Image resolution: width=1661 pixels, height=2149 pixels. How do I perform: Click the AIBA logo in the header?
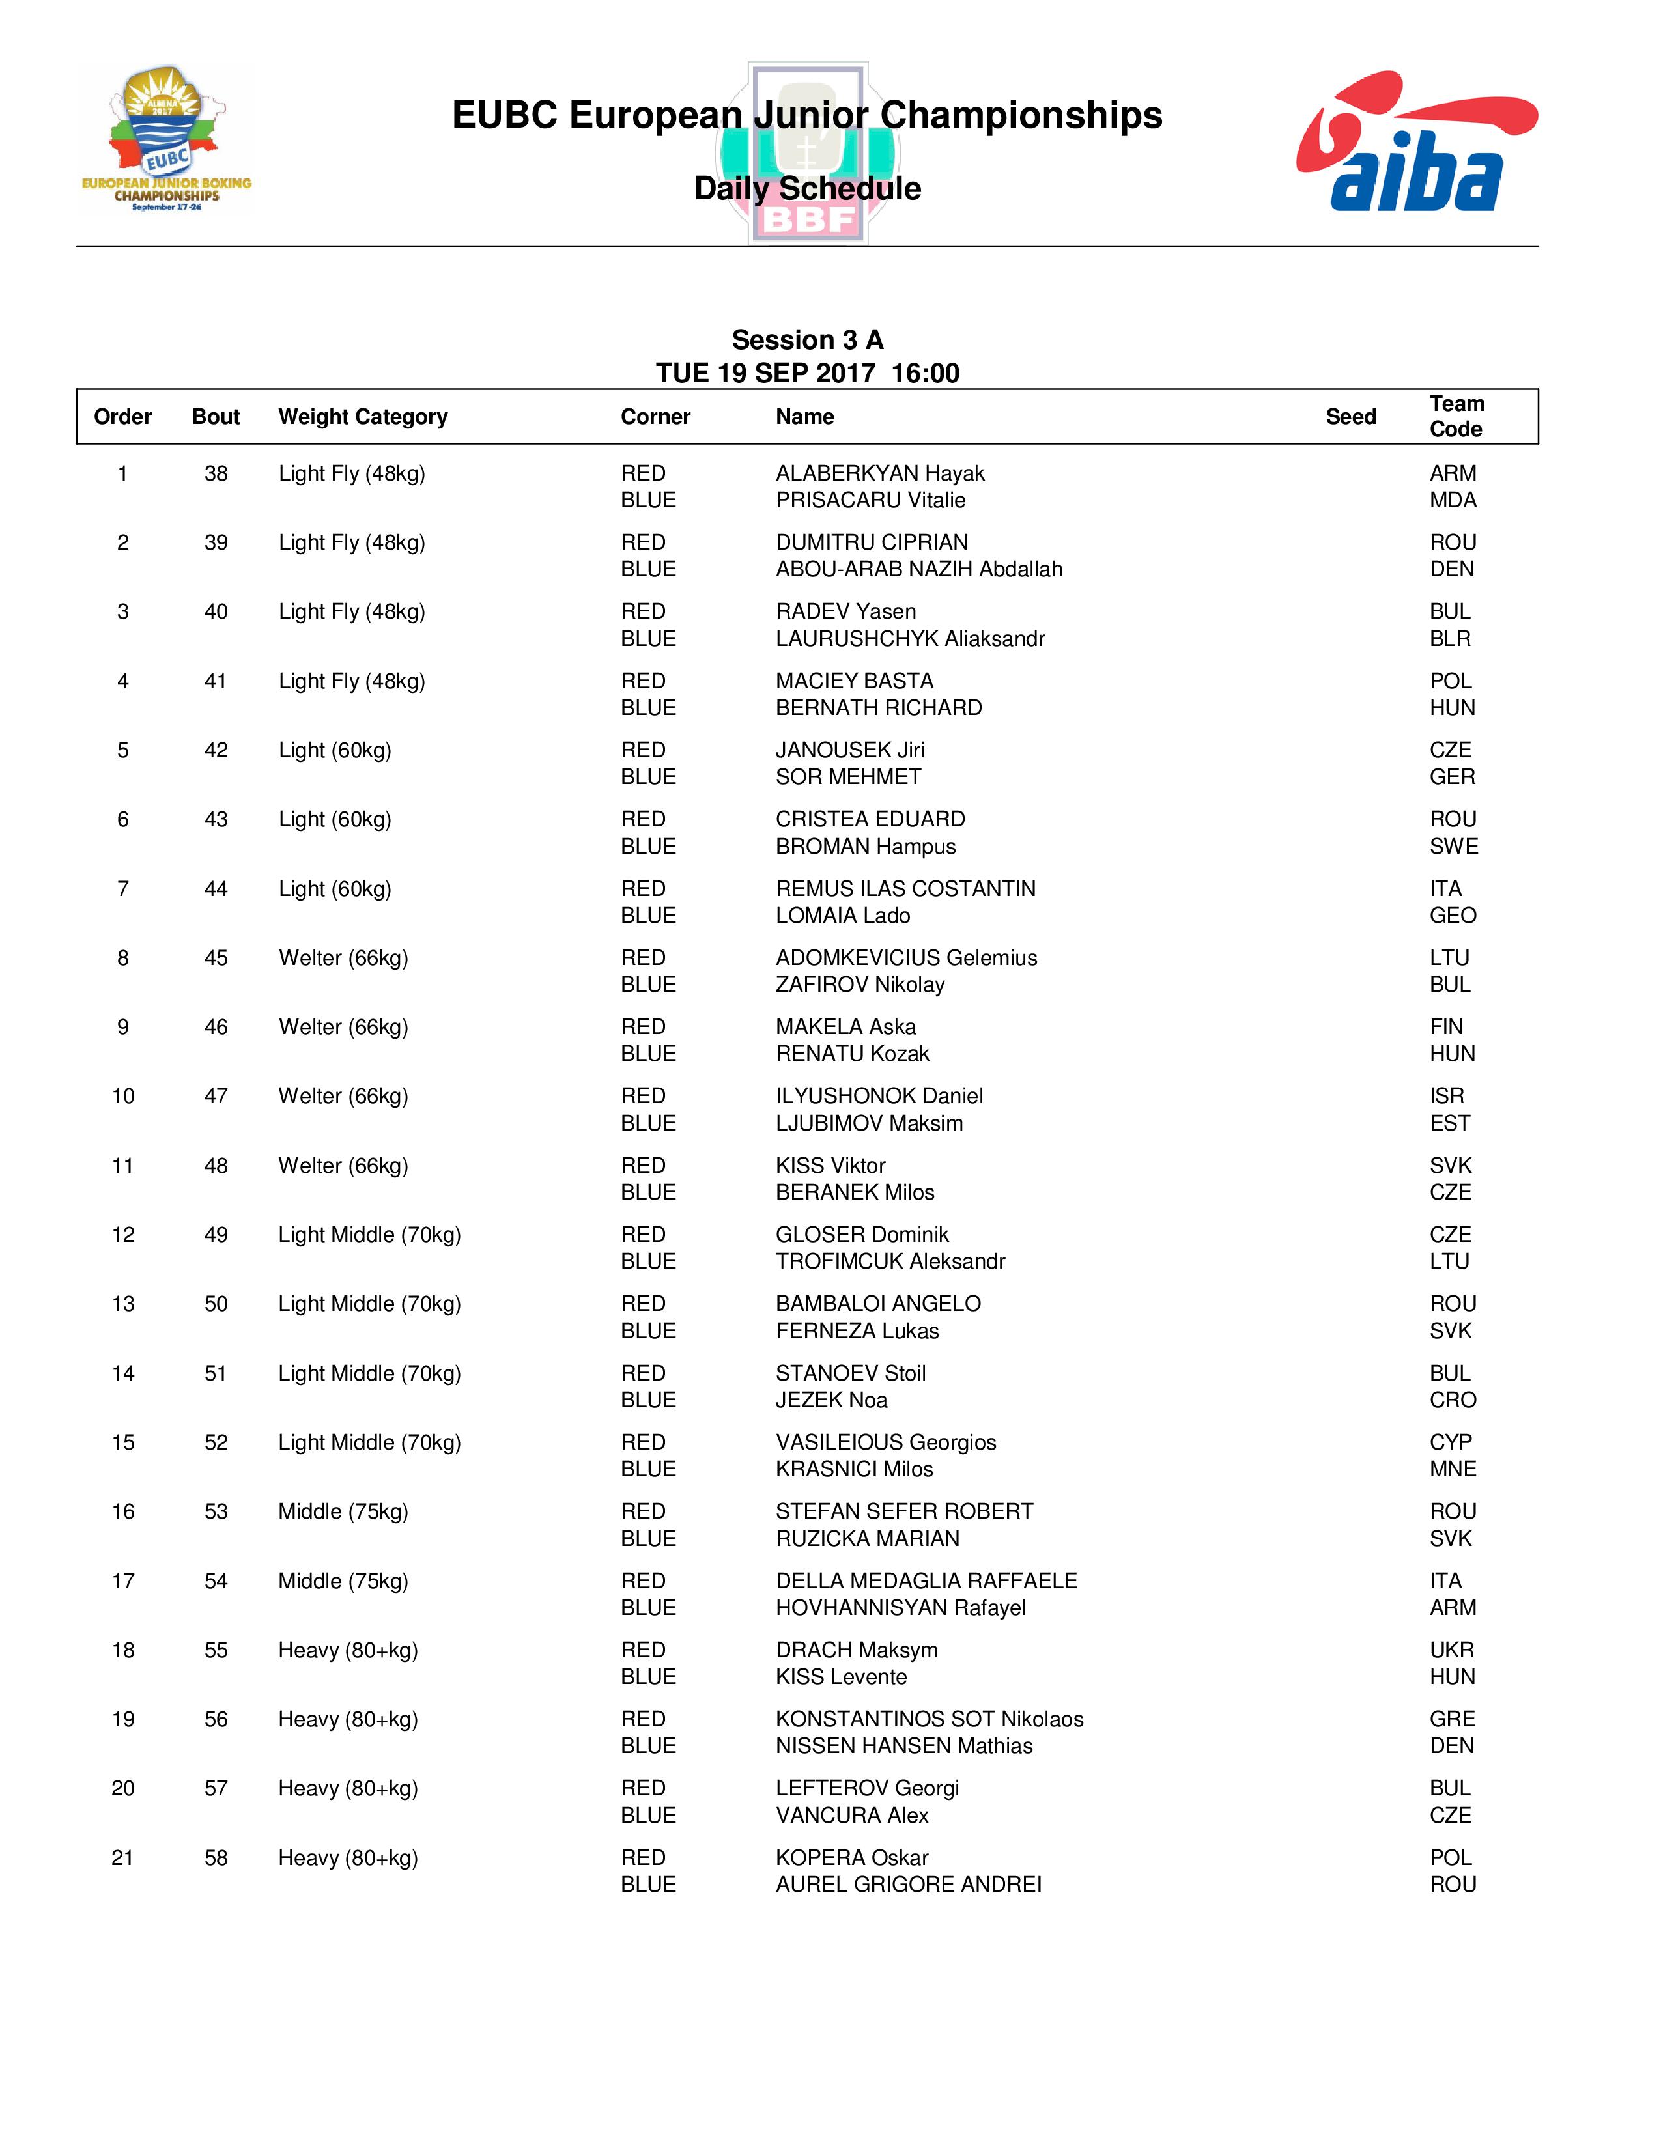pos(1416,143)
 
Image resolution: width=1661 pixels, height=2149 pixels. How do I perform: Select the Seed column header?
pos(1350,417)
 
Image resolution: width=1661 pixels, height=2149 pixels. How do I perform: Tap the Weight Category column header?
pos(362,417)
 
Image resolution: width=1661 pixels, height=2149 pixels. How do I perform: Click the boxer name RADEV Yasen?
pos(845,612)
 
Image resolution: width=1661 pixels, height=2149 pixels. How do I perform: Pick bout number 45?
pos(216,959)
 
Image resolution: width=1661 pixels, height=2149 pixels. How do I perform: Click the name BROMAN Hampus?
pos(865,847)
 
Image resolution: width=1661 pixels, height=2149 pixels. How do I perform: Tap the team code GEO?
pos(1453,916)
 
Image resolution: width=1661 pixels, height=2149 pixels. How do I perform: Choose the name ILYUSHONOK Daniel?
pos(879,1096)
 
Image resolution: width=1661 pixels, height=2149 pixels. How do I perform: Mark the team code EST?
pos(1449,1124)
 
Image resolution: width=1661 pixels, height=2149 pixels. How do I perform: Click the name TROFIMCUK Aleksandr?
pos(890,1261)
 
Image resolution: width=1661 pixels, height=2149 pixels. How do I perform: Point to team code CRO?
pos(1453,1400)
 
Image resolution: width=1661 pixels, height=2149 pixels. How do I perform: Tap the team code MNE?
pos(1453,1469)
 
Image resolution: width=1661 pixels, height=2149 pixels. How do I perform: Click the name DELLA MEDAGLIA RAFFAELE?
pos(926,1581)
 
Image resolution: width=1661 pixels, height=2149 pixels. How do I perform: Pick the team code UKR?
pos(1451,1650)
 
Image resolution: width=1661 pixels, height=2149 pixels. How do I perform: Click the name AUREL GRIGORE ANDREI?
pos(908,1885)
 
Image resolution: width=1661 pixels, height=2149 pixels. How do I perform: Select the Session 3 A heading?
pos(807,341)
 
